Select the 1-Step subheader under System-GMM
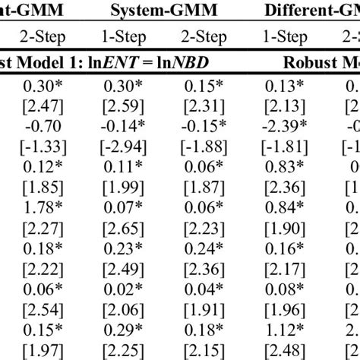[123, 36]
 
